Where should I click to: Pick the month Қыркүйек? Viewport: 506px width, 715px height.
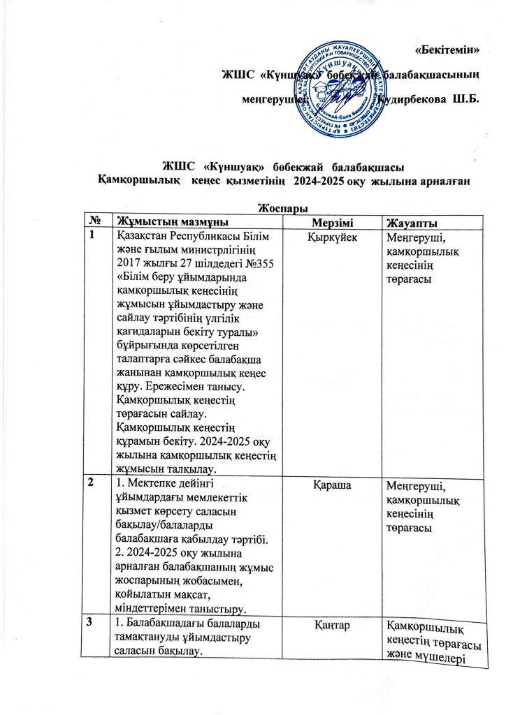coord(332,239)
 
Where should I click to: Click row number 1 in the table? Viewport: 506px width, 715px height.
coord(92,237)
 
